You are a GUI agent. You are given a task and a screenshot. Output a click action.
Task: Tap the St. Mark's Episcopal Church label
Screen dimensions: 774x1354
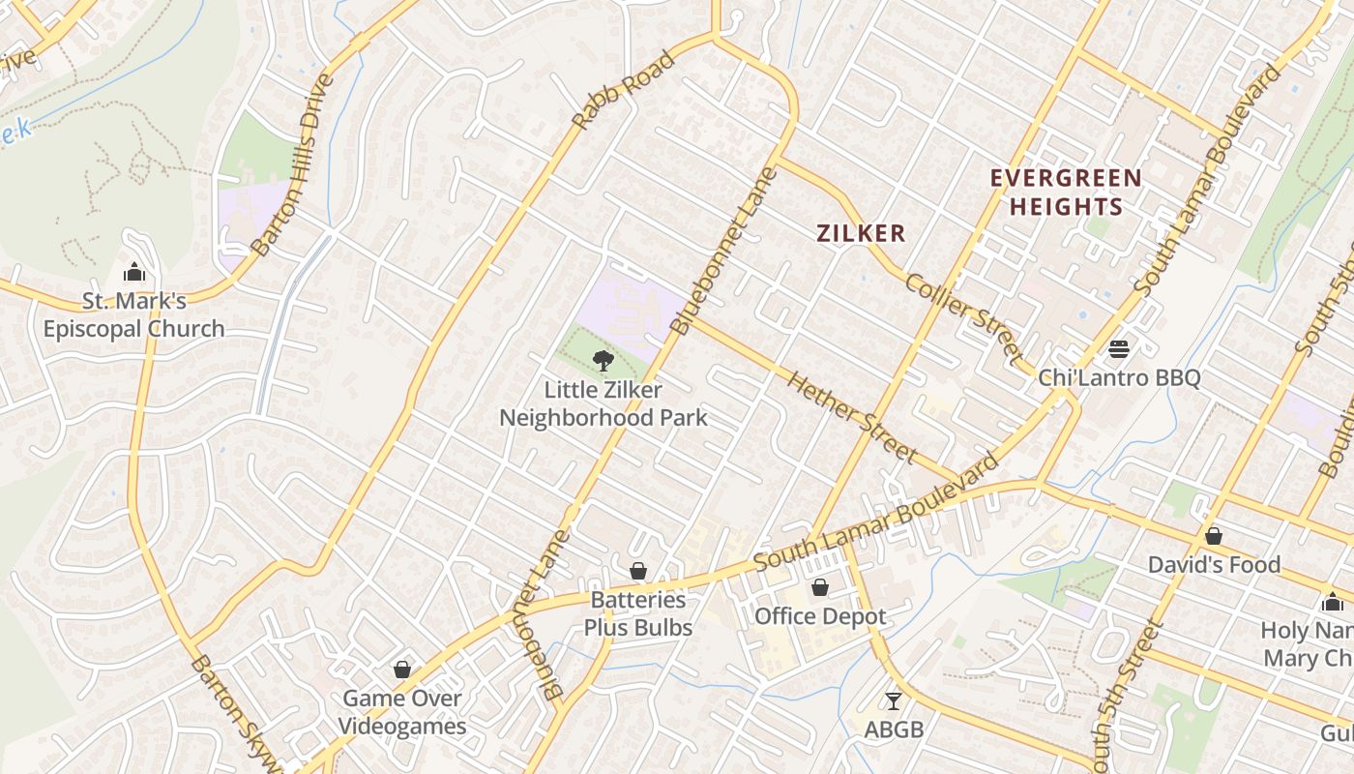click(133, 315)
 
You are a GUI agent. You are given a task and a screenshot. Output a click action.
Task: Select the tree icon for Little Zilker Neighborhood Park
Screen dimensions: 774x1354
click(603, 361)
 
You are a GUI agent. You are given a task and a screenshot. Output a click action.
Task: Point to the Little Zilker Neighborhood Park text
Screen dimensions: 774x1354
click(603, 403)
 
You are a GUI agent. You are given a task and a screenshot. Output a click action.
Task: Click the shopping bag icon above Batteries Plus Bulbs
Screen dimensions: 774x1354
click(638, 571)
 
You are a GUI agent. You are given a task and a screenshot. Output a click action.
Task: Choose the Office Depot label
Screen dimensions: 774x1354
click(820, 616)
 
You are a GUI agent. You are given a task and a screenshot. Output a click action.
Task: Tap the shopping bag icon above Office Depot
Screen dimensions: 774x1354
click(820, 587)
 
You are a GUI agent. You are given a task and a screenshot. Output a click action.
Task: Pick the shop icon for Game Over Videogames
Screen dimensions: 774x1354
click(402, 670)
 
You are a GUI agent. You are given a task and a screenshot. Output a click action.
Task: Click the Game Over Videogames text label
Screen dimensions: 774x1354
click(402, 712)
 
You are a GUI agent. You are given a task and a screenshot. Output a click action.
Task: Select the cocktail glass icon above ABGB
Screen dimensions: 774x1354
click(893, 700)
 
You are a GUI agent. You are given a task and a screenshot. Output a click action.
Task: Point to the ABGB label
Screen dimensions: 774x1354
click(893, 729)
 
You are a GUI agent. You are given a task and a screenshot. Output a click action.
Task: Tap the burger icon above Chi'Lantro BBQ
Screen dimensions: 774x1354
click(1119, 348)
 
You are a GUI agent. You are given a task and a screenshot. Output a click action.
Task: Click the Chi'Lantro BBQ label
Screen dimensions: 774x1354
click(1119, 377)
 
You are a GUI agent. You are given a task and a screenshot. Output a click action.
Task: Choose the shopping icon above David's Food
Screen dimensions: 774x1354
click(1214, 535)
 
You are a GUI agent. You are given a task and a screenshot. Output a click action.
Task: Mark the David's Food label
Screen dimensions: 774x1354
click(1214, 564)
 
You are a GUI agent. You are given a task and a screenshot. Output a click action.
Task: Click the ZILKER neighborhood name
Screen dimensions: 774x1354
click(861, 233)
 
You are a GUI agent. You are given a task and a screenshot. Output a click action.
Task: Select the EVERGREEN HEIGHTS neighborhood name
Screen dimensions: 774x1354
click(1066, 193)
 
